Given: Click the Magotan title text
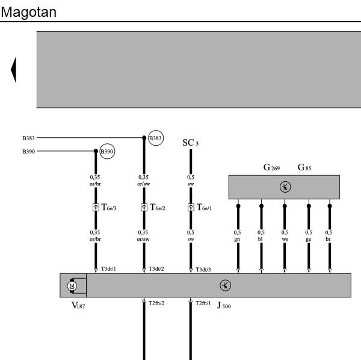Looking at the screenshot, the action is [28, 13].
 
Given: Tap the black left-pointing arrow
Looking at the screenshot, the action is [14, 70].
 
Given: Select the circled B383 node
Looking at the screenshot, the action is [156, 138].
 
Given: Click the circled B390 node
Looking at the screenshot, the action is [107, 151].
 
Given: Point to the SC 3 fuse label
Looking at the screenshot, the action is [190, 143].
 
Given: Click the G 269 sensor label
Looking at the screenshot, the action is [271, 167].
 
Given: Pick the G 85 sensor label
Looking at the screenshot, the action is [304, 167].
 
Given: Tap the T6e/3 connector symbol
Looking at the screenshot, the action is [96, 207].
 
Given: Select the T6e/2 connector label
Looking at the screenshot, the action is [158, 207].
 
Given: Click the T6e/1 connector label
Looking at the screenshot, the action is [204, 207].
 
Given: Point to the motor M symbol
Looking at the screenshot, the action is [72, 286].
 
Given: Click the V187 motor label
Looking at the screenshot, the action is [78, 305].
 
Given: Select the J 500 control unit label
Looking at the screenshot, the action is [224, 305].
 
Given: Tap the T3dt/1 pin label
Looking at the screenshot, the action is [108, 268].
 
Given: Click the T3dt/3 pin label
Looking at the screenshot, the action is [203, 270].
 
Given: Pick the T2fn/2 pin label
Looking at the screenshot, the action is [156, 303].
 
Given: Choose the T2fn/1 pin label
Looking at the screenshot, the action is [203, 303].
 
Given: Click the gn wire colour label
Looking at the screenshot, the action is [237, 240].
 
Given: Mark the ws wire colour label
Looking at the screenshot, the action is [285, 240].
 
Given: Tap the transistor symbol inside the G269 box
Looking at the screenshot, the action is [285, 187].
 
